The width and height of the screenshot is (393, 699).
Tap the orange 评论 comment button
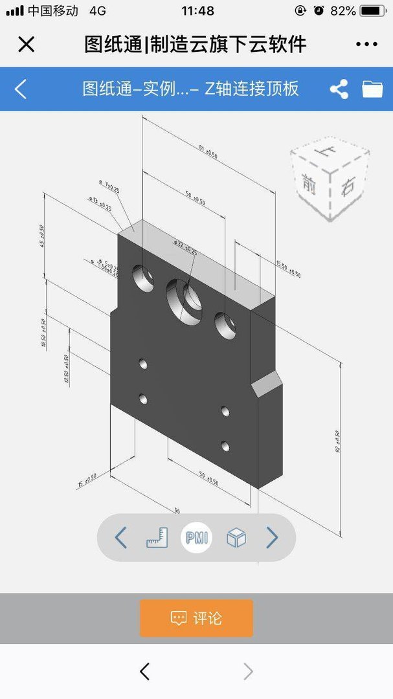[x=196, y=618]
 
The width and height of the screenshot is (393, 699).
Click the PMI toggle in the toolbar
[x=196, y=537]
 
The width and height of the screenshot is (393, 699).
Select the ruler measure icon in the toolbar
[x=157, y=537]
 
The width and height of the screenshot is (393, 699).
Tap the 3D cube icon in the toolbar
[x=236, y=537]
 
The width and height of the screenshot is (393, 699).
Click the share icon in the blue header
[x=339, y=89]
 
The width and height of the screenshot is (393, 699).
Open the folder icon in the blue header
[x=372, y=89]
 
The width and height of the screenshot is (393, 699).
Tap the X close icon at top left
[x=26, y=44]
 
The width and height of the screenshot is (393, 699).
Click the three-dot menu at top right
[x=366, y=44]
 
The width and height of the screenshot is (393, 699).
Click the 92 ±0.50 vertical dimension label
[x=338, y=440]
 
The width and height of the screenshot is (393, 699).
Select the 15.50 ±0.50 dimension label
[x=289, y=269]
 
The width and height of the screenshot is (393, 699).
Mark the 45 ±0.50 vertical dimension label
[x=42, y=236]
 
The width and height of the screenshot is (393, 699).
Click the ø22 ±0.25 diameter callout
[x=185, y=247]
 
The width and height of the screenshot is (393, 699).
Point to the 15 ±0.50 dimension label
[x=87, y=480]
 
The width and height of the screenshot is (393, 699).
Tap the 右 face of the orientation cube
[x=348, y=188]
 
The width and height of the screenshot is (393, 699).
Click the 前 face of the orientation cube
[x=309, y=184]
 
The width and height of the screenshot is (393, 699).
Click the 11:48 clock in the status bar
[x=197, y=11]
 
